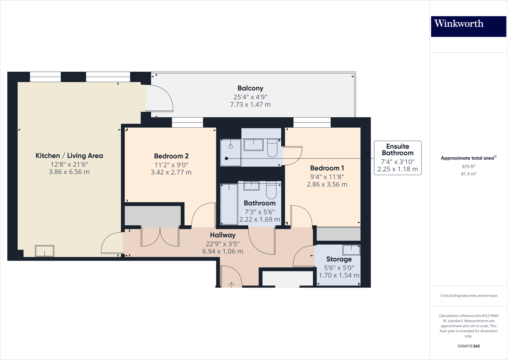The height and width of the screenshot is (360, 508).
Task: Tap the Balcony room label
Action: [x=250, y=88]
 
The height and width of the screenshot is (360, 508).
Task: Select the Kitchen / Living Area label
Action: [x=69, y=156]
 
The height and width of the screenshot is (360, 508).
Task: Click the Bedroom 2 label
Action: [x=171, y=156]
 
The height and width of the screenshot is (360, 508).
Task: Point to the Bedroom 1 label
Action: [x=327, y=168]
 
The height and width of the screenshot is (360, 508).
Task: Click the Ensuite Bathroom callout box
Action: [x=398, y=158]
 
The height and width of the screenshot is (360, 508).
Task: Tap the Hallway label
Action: [x=222, y=235]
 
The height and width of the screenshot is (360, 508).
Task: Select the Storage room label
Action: [x=339, y=259]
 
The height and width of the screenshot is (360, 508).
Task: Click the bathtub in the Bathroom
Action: [x=229, y=204]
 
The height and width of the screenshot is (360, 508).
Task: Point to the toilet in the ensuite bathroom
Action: [x=272, y=148]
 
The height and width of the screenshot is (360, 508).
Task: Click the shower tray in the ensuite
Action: [x=231, y=152]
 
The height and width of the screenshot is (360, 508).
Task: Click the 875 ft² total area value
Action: [x=469, y=166]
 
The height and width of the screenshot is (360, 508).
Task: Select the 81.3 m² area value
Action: [x=469, y=174]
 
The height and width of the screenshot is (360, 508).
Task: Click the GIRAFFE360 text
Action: [x=469, y=346]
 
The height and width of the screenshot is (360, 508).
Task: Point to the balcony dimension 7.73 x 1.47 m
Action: [x=250, y=105]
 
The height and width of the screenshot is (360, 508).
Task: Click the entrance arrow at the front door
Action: [x=232, y=284]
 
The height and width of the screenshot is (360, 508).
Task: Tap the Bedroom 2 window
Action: [x=187, y=122]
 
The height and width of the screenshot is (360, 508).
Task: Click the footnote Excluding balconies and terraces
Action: [x=469, y=296]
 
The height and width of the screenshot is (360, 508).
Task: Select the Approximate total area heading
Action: [x=468, y=158]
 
